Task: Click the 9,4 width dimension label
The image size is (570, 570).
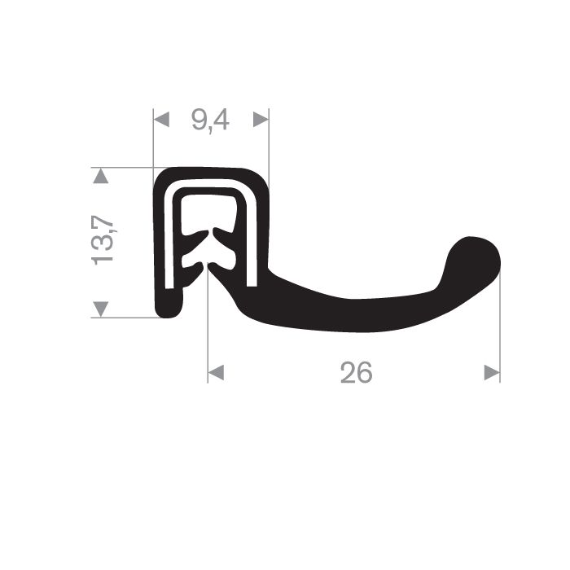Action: (x=210, y=121)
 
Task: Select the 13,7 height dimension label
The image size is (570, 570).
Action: (x=103, y=240)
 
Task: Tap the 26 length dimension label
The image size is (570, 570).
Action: (x=357, y=373)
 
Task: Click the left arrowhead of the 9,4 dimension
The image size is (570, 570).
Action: (x=161, y=120)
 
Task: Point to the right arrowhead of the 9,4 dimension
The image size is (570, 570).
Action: (x=261, y=120)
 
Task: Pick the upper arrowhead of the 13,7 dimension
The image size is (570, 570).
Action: (x=101, y=176)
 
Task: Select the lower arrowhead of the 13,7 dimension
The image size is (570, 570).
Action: (x=101, y=309)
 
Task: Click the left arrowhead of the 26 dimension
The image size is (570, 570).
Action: (x=216, y=373)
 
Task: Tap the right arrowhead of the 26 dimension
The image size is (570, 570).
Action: (x=492, y=373)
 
